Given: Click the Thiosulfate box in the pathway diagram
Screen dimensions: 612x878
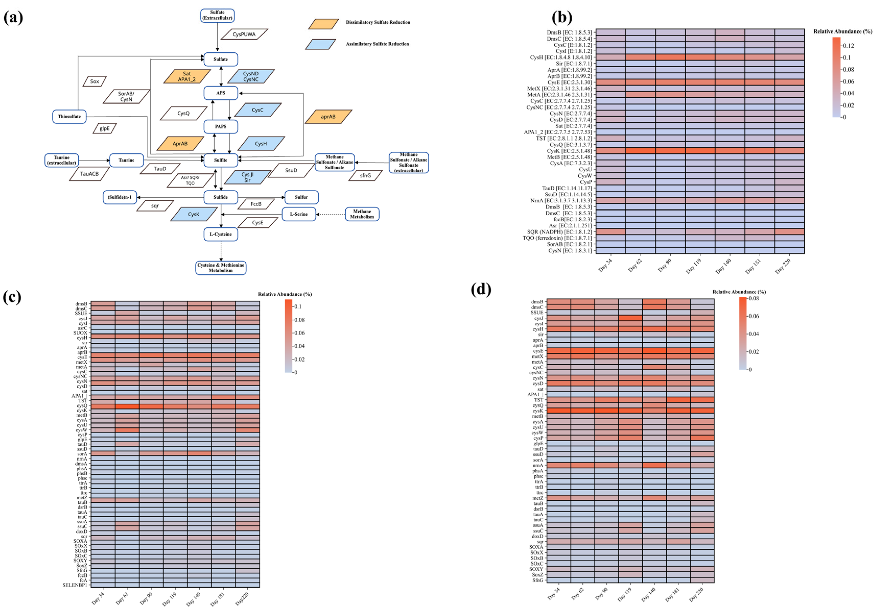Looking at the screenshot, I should click(69, 117).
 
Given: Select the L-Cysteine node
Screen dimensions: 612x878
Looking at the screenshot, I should click(221, 234).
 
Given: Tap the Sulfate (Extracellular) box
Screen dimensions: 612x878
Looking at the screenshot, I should click(217, 15).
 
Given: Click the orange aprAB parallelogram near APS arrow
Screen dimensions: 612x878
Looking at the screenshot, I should click(328, 117).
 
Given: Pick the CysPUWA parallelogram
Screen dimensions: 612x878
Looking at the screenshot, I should click(244, 34).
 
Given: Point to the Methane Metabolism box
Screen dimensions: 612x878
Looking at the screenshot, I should click(362, 214).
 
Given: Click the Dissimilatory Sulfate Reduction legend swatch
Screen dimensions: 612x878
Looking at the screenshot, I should click(323, 24).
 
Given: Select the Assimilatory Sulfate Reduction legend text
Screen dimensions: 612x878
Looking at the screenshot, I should click(377, 44).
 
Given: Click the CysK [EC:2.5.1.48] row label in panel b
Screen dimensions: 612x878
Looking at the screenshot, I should click(569, 151).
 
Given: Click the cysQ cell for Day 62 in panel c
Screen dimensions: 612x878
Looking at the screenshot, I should click(127, 406).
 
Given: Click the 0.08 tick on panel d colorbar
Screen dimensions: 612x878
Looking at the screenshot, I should click(754, 298).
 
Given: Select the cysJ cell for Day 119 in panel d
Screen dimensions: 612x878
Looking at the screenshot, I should click(630, 318).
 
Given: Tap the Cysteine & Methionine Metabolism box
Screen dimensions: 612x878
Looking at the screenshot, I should click(221, 268).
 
